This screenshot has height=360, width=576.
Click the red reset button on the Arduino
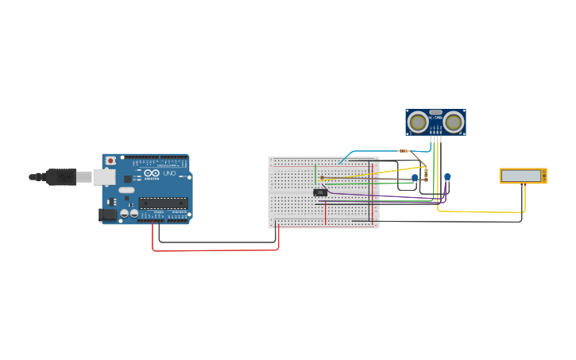click(110, 161)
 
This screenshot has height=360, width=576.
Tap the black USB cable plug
click(60, 176)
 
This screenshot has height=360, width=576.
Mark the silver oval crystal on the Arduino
click(126, 190)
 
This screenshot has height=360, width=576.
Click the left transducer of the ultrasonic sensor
click(417, 122)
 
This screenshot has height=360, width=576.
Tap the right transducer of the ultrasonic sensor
click(454, 122)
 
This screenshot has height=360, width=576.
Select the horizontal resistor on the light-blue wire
click(404, 150)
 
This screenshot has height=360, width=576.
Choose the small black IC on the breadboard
click(320, 192)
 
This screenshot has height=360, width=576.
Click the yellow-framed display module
click(523, 176)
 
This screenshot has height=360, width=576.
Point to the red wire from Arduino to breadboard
click(215, 250)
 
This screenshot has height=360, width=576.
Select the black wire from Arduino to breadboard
click(215, 241)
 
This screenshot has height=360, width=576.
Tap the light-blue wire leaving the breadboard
click(373, 151)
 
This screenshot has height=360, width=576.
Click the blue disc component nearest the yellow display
click(447, 177)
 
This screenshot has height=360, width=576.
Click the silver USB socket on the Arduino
click(103, 176)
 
